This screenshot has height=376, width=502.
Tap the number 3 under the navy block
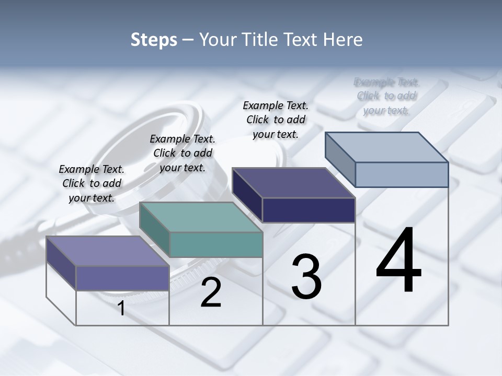click(x=306, y=277)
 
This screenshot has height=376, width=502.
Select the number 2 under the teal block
click(x=211, y=292)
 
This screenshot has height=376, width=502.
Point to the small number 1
click(x=121, y=309)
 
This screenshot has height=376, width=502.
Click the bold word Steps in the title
click(x=154, y=40)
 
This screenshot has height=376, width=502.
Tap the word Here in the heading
click(x=344, y=40)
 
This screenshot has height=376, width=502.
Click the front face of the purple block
click(x=122, y=278)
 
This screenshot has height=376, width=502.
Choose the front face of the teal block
click(x=216, y=244)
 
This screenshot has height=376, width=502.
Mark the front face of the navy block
click(x=309, y=210)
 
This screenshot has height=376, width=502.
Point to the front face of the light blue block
click(x=402, y=174)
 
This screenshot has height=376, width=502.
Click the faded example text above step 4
click(x=386, y=96)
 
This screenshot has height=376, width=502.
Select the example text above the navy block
click(x=276, y=120)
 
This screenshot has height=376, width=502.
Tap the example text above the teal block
click(x=182, y=153)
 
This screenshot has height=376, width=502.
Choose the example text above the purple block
click(x=92, y=183)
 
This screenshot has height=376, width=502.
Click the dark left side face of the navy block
click(x=247, y=194)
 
